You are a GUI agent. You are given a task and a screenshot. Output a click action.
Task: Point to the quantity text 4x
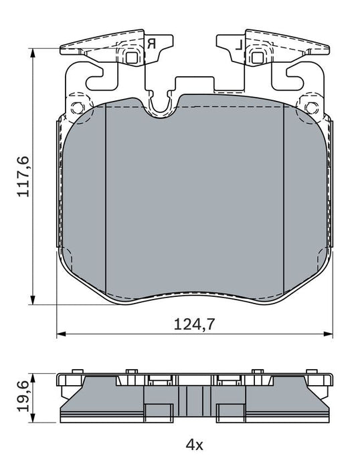[x=193, y=443]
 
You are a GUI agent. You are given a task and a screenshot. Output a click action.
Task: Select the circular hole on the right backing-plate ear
[x=308, y=108]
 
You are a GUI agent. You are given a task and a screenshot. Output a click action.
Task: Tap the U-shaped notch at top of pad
[x=161, y=104]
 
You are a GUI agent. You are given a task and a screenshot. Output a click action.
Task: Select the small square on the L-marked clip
[x=256, y=57]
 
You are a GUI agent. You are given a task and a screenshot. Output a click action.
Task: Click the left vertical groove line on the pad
[x=106, y=201]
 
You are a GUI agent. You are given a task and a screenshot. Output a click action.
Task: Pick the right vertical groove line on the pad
[x=284, y=201]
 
